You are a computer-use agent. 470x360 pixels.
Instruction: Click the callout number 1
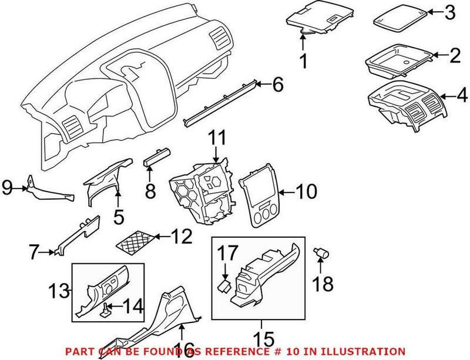tap(304, 60)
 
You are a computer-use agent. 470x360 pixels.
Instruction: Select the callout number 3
tap(449, 11)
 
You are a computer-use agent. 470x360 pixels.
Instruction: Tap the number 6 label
tap(277, 85)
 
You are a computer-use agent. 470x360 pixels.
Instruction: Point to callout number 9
tap(8, 188)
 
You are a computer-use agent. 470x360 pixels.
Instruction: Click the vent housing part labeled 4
tap(405, 105)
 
